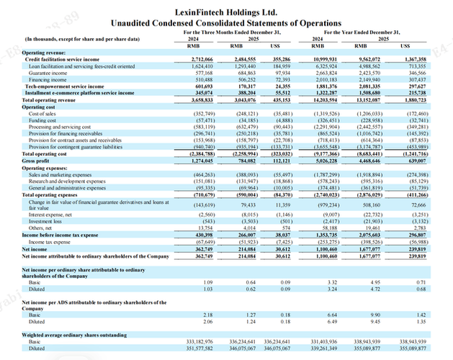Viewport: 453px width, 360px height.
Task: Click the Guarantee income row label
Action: point(45,73)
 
